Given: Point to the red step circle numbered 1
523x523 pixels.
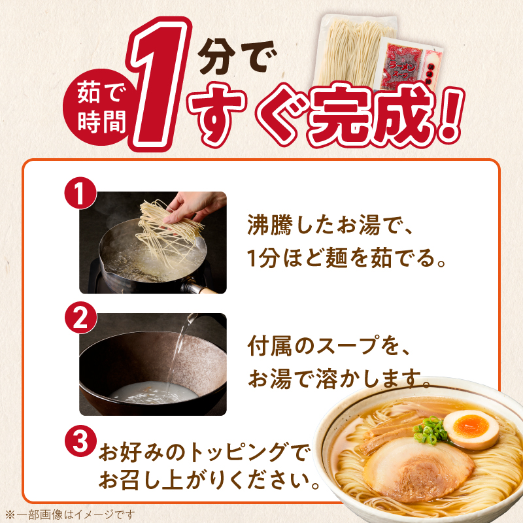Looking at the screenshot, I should point(80,194).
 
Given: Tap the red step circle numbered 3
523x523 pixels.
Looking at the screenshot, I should point(80,443).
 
